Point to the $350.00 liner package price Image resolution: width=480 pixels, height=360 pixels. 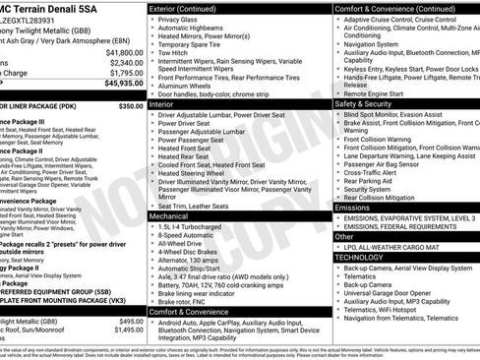tap(130, 105)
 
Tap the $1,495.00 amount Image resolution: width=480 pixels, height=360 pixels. tap(124, 330)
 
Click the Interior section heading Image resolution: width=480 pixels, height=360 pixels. tap(164, 101)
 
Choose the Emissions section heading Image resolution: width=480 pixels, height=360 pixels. tap(353, 208)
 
